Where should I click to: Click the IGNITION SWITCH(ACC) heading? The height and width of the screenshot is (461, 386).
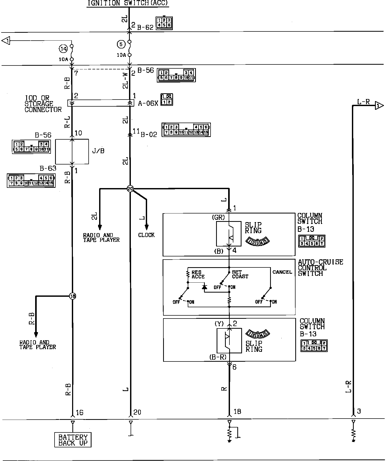[x=127, y=3]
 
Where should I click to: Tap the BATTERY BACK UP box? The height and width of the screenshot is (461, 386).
[x=73, y=440]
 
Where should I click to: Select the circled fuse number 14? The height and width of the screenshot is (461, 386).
[x=63, y=48]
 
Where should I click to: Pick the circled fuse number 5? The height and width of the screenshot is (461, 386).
[x=121, y=44]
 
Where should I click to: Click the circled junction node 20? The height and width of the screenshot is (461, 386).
[x=130, y=189]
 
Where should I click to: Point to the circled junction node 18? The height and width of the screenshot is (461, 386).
[x=72, y=296]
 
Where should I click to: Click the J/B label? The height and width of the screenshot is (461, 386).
[x=98, y=151]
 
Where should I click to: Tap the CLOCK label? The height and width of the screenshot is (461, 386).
[x=146, y=235]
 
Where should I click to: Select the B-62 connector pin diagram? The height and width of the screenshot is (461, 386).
[x=164, y=23]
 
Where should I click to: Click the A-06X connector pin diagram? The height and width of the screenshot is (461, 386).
[x=167, y=100]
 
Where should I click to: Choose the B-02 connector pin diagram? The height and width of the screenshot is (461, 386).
[x=186, y=130]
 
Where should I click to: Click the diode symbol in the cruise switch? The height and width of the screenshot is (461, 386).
[x=205, y=287]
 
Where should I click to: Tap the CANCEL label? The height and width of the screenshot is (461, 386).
[x=282, y=272]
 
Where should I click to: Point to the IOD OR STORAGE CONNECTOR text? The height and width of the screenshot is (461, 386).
[x=43, y=104]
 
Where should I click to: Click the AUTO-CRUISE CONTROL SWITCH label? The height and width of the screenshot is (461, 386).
[x=320, y=268]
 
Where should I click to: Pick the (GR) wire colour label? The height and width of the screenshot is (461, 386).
[x=218, y=218]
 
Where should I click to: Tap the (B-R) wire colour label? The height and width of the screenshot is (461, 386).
[x=218, y=357]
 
